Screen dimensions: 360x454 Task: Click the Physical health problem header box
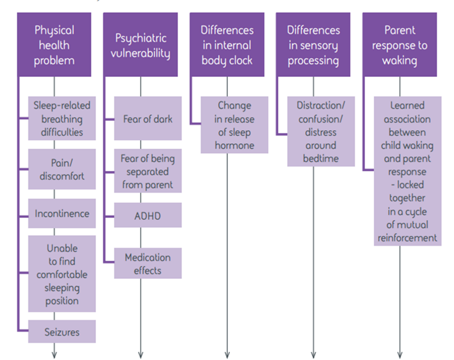coord(54,44)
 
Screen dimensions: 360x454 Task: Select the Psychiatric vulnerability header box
coord(140,44)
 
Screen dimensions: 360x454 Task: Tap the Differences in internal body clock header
coord(227,44)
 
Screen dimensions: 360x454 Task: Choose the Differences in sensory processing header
coord(313,44)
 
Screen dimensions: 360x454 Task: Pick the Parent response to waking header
coord(399,44)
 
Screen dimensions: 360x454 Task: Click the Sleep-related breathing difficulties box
coord(62,118)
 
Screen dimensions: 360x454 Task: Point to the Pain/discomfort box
coord(62,169)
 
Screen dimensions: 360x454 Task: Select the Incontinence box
coord(62,213)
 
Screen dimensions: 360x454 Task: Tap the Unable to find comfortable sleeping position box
coord(62,274)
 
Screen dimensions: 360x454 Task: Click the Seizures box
coord(62,331)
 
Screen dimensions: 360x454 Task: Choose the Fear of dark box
coord(148,118)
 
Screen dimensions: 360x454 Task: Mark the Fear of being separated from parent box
coord(148,171)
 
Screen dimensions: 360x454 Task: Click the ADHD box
coord(148,215)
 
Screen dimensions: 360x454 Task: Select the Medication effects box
coord(148,263)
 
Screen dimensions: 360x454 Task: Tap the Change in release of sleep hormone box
coord(234,125)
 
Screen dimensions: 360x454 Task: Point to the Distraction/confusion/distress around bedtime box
coord(321,131)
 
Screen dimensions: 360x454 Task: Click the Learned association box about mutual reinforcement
coord(408,171)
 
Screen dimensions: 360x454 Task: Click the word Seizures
coord(62,332)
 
